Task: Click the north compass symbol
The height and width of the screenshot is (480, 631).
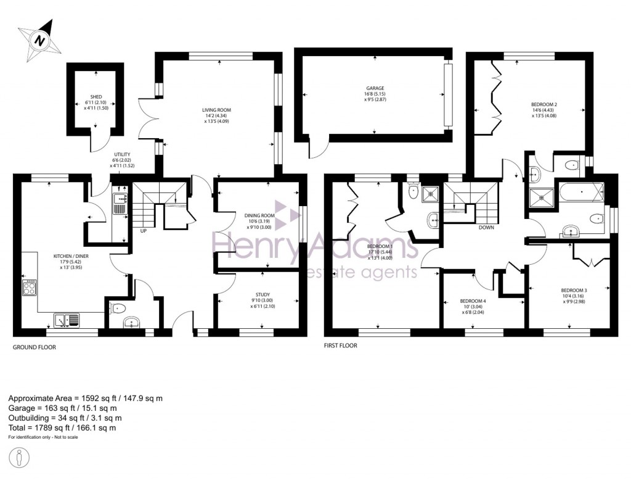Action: (39, 40)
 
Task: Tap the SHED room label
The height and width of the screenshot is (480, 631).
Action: (96, 97)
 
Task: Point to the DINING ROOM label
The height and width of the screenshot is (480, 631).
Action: (259, 215)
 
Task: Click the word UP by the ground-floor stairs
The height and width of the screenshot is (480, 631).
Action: (144, 231)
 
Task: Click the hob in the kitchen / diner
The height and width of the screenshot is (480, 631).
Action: (29, 288)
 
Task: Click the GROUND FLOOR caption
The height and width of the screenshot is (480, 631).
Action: (35, 347)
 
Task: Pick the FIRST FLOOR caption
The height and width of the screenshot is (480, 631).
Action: (341, 346)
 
